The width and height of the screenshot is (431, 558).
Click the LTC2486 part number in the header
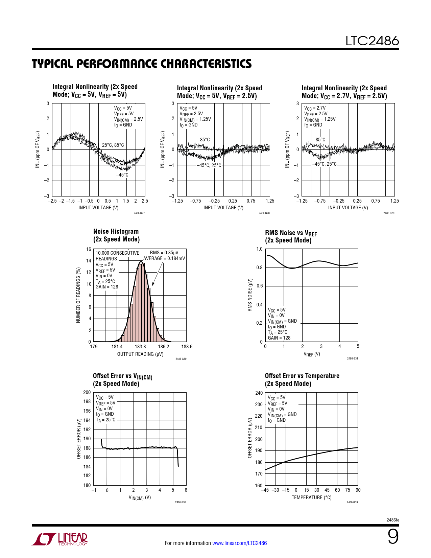pos(372,41)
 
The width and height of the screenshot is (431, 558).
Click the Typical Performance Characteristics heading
pos(142,64)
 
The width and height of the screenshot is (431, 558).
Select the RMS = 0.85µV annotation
pos(164,253)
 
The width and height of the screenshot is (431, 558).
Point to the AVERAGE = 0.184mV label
pos(164,258)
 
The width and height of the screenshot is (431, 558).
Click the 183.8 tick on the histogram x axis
pos(140,347)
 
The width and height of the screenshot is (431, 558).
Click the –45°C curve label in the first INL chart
pos(122,175)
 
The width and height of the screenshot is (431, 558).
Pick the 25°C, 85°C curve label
pos(113,145)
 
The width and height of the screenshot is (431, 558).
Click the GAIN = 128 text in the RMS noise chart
pos(279,338)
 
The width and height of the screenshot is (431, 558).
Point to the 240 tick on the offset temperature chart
pos(259,393)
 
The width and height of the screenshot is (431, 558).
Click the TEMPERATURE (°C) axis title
pos(311,497)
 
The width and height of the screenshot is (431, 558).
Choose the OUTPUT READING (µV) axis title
pos(140,354)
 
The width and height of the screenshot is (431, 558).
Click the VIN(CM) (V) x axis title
pos(140,497)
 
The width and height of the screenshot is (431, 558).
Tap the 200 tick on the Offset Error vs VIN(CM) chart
pos(87,392)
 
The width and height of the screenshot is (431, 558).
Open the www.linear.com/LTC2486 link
pos(239,543)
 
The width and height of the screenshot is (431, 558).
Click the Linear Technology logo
pos(60,539)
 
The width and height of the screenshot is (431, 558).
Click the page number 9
pos(393,537)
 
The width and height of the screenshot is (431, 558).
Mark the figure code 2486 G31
pos(352,358)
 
